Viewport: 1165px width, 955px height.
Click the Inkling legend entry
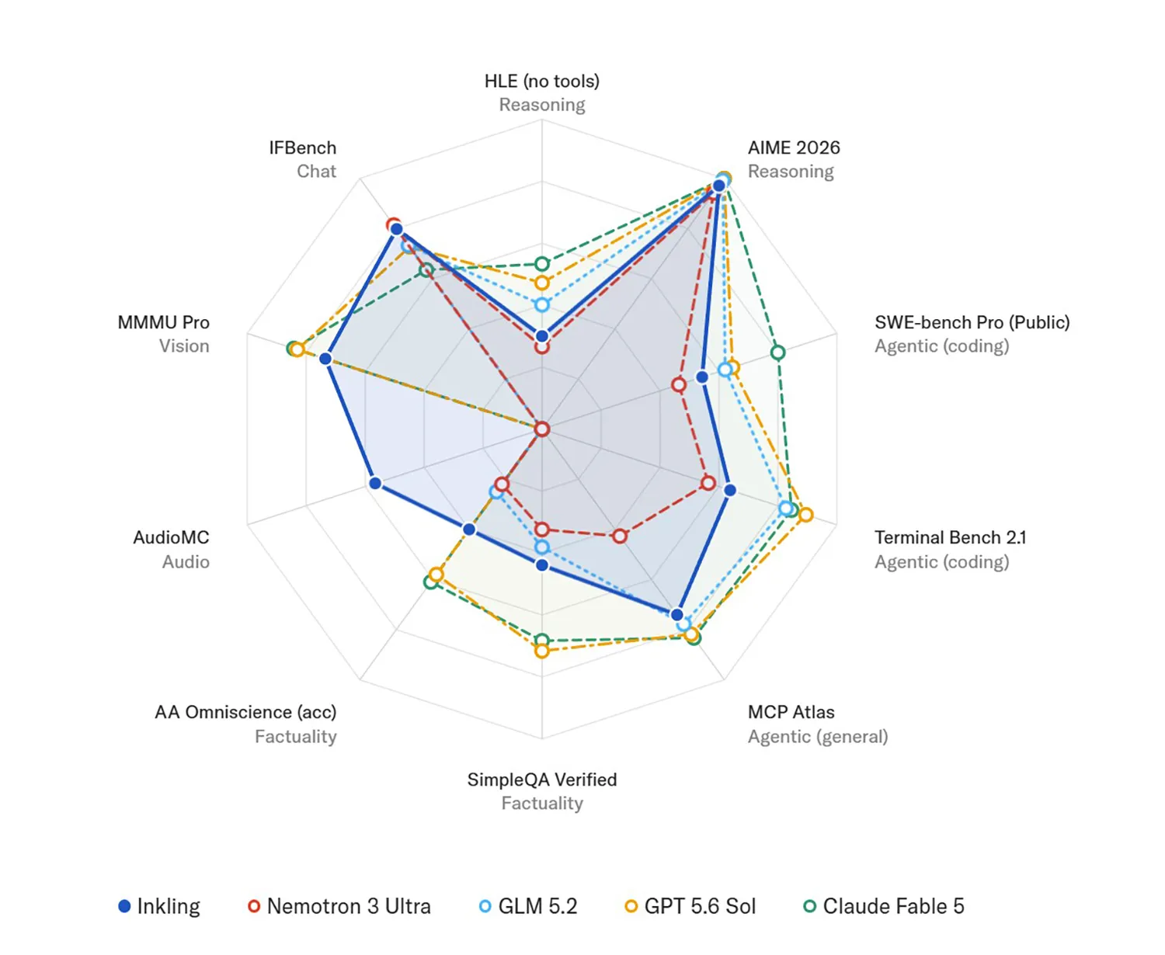159,906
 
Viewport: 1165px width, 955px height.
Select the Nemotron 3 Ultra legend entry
339,906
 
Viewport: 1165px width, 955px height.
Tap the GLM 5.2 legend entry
528,906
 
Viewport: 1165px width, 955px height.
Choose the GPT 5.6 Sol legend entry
690,906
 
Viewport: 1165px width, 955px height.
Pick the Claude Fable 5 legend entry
884,906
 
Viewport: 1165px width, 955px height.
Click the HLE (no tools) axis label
542,82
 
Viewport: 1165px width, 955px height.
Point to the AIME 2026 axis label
794,148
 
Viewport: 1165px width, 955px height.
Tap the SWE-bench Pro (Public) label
972,322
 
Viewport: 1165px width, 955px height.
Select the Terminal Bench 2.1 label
950,537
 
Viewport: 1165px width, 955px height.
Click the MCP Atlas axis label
791,712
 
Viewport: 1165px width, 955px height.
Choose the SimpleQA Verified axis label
542,780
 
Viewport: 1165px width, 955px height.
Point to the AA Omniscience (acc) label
246,712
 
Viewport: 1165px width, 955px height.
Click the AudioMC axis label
171,537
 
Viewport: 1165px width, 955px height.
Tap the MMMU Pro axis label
164,322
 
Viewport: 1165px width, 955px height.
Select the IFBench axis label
303,148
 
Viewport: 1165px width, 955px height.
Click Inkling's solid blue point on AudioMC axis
375,483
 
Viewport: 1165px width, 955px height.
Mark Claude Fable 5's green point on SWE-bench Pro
777,352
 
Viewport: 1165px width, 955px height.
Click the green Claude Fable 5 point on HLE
542,263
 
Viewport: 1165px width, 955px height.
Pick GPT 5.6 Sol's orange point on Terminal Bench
806,515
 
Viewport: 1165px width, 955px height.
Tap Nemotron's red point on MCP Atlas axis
620,536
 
